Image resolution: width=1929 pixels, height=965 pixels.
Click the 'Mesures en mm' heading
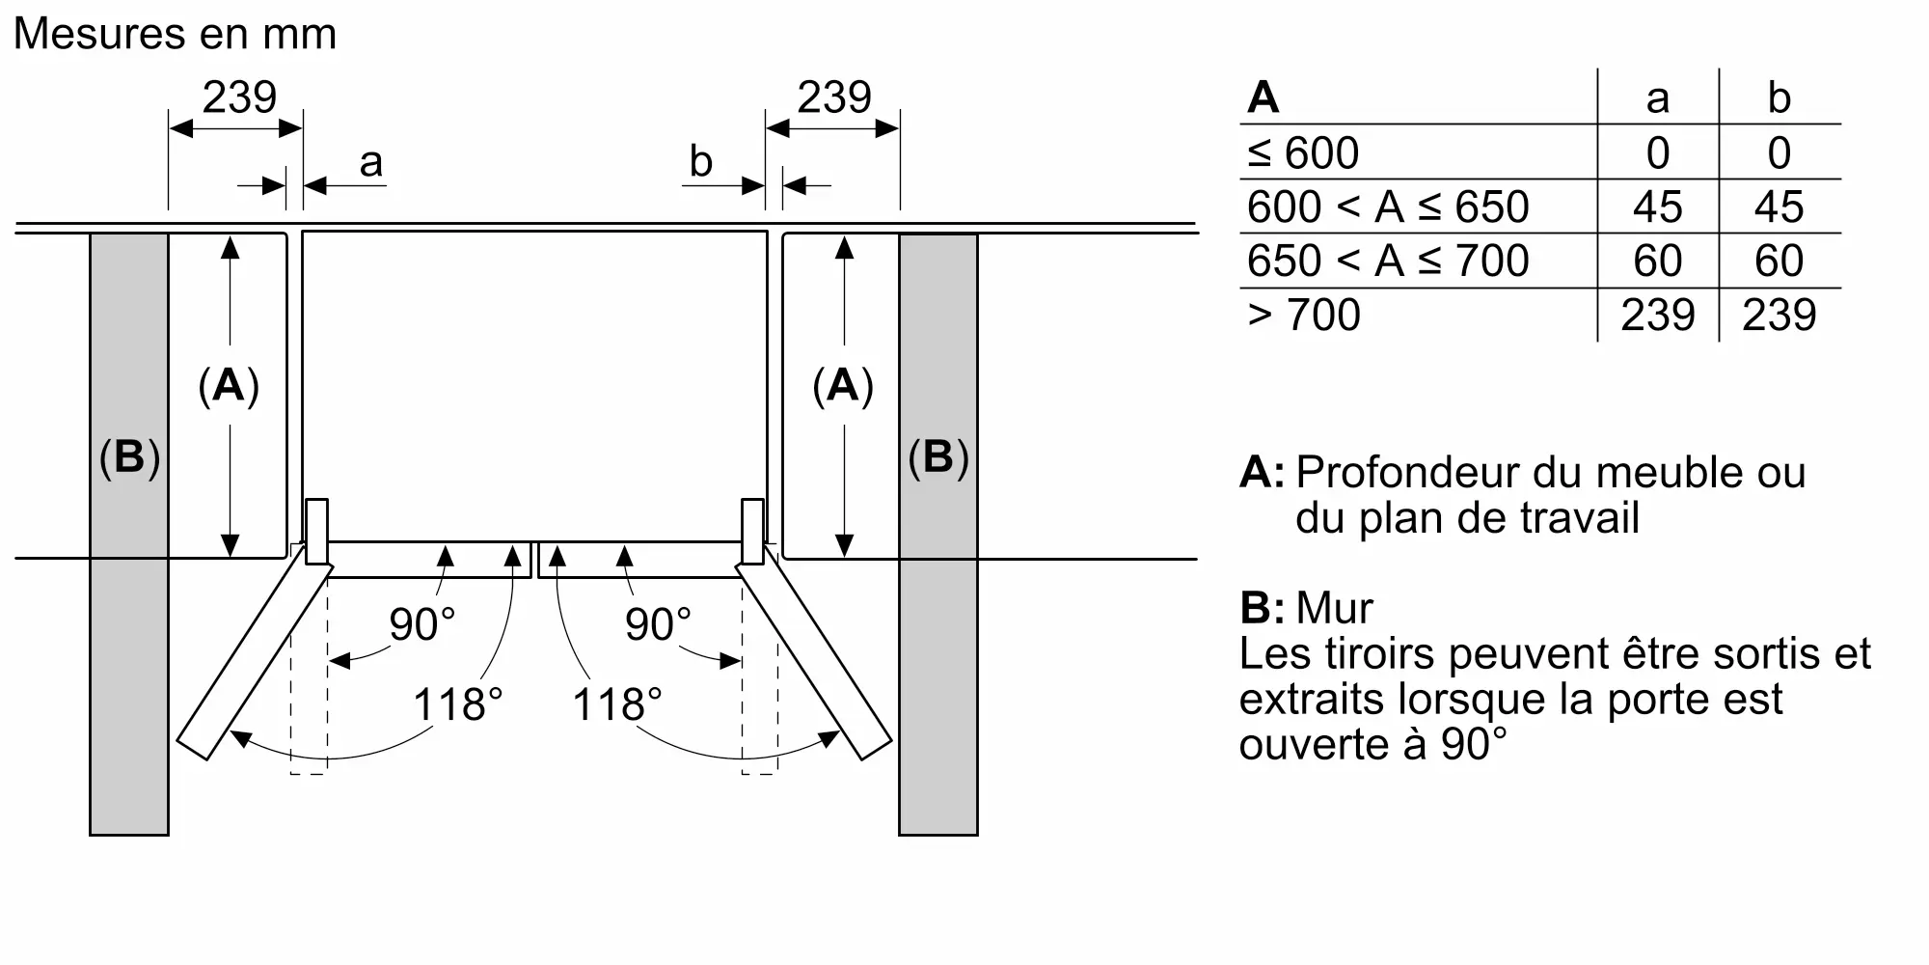click(x=175, y=35)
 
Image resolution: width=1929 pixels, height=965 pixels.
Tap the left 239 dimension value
click(x=239, y=97)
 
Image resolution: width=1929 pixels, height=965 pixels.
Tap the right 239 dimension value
click(x=834, y=97)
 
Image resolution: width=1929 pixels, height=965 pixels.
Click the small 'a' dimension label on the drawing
click(x=371, y=163)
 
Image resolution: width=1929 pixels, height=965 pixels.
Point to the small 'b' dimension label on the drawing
click(x=701, y=161)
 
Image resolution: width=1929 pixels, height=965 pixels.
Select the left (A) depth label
click(x=229, y=385)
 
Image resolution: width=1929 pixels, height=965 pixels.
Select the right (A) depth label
click(x=843, y=385)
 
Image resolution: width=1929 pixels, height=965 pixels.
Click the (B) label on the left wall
click(x=129, y=456)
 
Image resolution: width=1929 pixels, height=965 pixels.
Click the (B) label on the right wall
click(x=937, y=456)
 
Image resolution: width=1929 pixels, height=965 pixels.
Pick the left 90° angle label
click(x=421, y=624)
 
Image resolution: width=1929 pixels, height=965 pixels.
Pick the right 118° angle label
click(x=617, y=704)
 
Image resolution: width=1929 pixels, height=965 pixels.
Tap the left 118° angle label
click(x=458, y=704)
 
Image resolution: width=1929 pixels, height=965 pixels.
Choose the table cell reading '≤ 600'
click(x=1303, y=152)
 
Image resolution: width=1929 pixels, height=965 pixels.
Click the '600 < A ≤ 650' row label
click(x=1388, y=207)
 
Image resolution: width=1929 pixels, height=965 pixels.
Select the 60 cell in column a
click(x=1657, y=261)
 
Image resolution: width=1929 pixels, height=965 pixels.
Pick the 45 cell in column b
click(x=1779, y=207)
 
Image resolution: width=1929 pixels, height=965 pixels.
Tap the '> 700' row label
click(x=1304, y=315)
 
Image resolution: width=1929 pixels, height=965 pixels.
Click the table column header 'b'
click(x=1780, y=97)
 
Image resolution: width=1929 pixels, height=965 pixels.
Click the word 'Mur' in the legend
click(x=1334, y=608)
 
